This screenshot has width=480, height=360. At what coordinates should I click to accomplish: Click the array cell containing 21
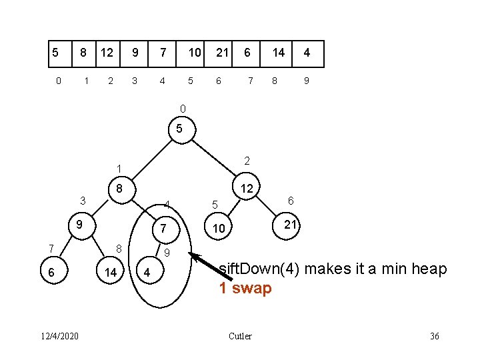click(x=218, y=54)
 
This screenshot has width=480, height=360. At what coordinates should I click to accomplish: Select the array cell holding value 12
click(x=108, y=54)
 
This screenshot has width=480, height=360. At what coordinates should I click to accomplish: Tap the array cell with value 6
click(x=246, y=54)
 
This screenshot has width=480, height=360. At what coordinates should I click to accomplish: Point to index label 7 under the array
click(x=251, y=81)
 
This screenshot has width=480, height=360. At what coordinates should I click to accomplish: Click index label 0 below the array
click(x=59, y=81)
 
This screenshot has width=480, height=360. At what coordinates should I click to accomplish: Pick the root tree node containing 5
click(x=182, y=130)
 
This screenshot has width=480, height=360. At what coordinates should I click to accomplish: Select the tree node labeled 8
click(x=122, y=190)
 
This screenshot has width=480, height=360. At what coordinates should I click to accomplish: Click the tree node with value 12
click(x=246, y=187)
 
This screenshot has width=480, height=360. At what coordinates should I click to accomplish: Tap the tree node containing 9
click(x=82, y=225)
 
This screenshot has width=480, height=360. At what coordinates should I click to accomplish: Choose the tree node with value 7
click(x=166, y=229)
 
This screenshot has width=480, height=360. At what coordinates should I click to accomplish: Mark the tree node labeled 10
click(x=218, y=227)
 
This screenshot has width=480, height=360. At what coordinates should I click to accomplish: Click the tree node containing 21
click(x=286, y=226)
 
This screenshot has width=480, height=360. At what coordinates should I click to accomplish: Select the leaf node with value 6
click(x=54, y=270)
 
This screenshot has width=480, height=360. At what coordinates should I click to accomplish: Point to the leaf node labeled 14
click(x=110, y=270)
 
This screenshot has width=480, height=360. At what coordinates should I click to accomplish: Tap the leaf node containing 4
click(x=150, y=270)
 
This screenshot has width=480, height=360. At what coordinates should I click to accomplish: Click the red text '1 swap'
click(x=245, y=289)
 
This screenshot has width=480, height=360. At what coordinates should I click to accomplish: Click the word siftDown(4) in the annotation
click(x=259, y=269)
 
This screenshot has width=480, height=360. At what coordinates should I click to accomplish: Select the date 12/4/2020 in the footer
click(x=60, y=336)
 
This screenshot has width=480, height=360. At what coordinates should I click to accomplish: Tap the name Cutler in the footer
click(x=240, y=336)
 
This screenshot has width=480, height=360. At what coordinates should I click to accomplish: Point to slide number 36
click(x=435, y=336)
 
